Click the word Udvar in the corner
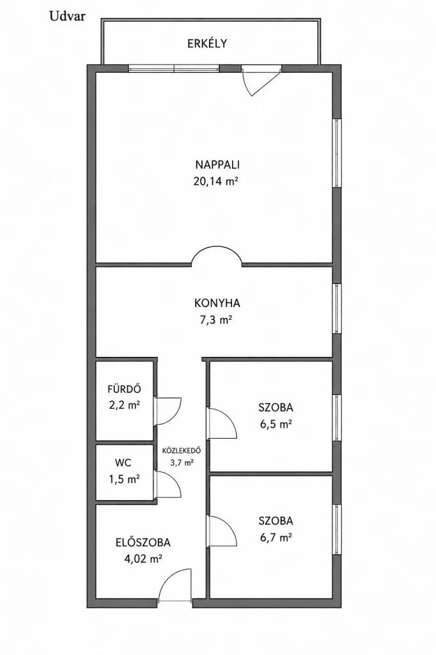click(x=67, y=16)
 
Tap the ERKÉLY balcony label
click(x=207, y=43)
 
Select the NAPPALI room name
click(x=217, y=164)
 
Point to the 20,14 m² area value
click(x=215, y=181)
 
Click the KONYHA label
click(x=217, y=303)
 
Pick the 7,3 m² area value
click(x=215, y=320)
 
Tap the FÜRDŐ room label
click(x=125, y=388)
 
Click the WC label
click(x=123, y=462)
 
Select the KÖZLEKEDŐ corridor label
click(x=182, y=451)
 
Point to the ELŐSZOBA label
click(x=143, y=542)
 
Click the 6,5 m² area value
click(x=276, y=425)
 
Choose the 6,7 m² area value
click(x=276, y=537)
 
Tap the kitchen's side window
click(x=337, y=309)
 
